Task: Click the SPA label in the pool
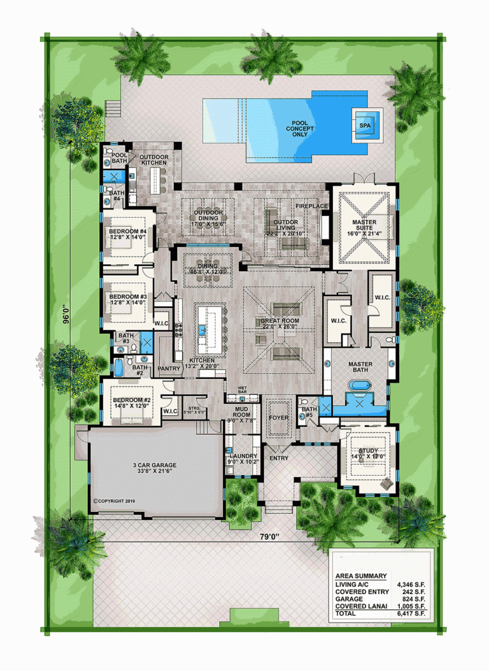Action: pos(365,126)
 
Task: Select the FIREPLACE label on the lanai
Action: pos(311,207)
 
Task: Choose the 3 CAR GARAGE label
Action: pos(155,469)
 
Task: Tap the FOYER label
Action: pos(278,418)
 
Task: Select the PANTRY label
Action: pos(169,369)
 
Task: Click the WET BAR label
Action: pos(242,390)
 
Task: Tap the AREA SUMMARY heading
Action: pos(360,576)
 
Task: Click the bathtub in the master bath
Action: pos(357,386)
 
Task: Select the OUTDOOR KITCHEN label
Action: pos(153,160)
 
